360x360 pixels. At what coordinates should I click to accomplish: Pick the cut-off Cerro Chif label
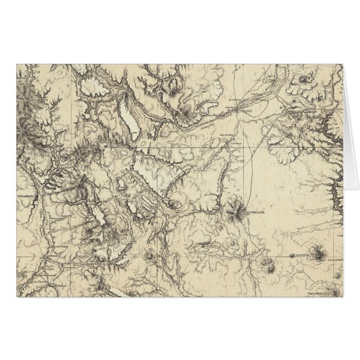[x=335, y=259]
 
